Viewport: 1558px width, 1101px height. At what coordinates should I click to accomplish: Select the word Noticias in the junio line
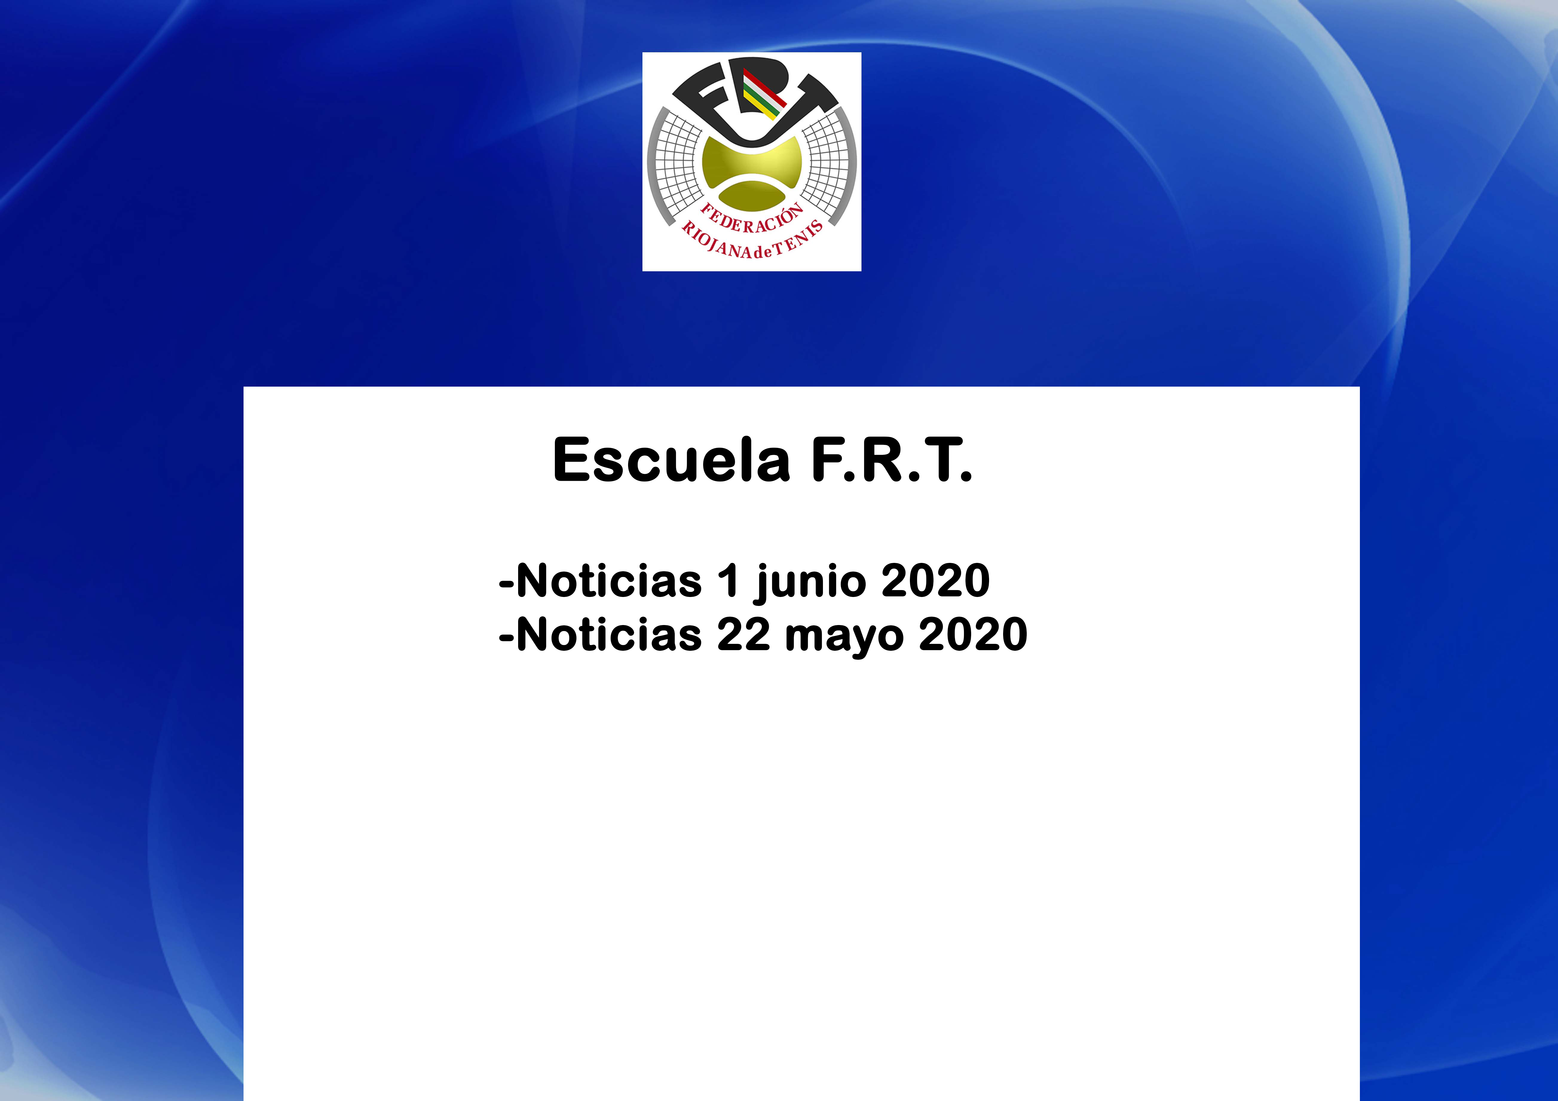tap(609, 581)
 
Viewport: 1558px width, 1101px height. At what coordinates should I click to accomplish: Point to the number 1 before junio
tap(727, 581)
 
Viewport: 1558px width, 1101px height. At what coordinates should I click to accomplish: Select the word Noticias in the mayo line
tap(609, 634)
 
